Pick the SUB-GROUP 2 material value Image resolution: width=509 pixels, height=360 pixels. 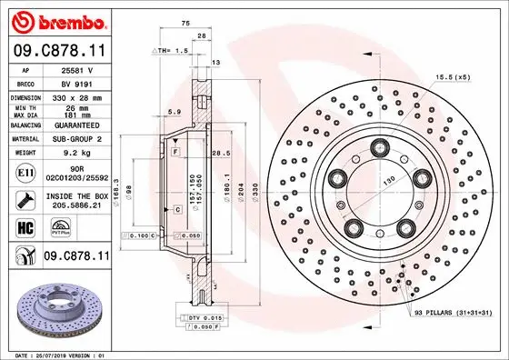(74, 139)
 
